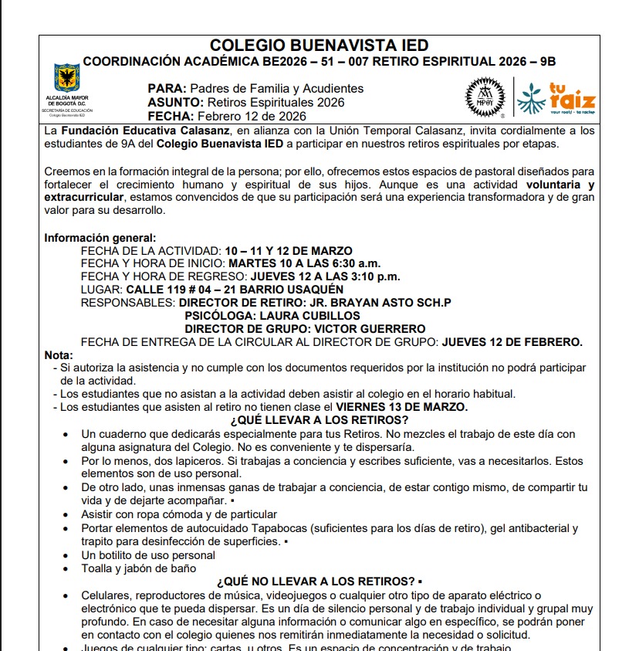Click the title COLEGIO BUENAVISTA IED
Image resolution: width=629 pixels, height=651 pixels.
(319, 46)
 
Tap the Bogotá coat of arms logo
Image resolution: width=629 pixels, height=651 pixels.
(66, 80)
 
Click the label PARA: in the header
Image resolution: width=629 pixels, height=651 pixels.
(167, 89)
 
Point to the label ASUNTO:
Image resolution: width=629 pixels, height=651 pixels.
(175, 103)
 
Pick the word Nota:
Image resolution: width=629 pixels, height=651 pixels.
(59, 355)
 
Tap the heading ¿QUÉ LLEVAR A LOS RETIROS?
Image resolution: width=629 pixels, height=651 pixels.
(320, 420)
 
